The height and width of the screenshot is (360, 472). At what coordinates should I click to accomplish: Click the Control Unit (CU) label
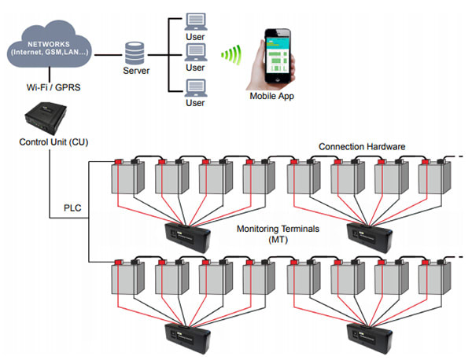pos(53,142)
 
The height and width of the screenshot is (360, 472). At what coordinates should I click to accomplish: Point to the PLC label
pos(74,210)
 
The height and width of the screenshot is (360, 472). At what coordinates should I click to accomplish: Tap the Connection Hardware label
pos(363,147)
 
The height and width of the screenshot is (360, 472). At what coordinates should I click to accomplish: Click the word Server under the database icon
pos(136,72)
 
